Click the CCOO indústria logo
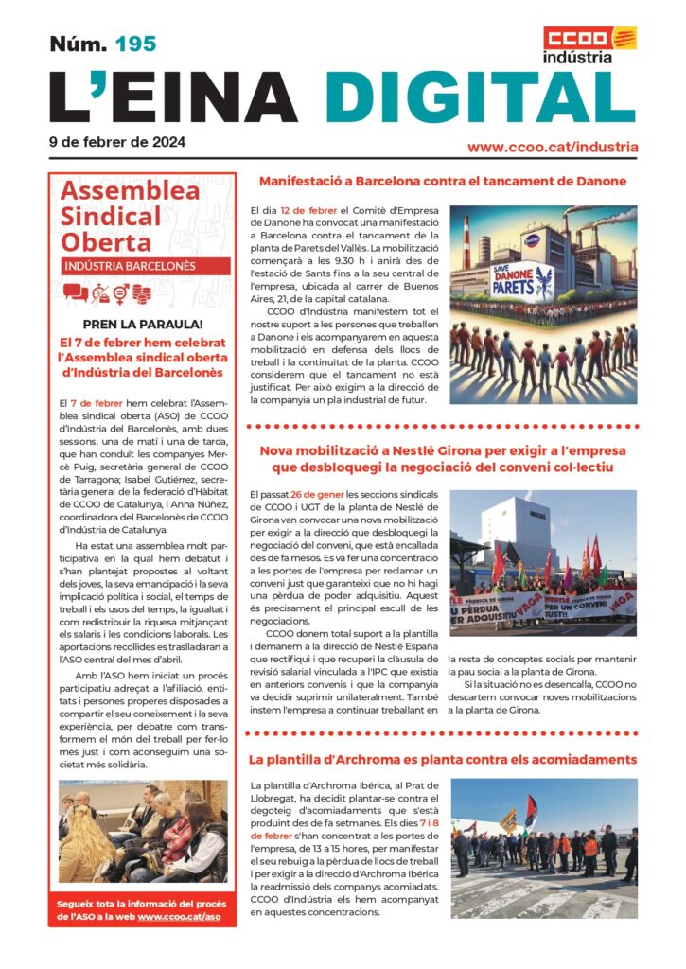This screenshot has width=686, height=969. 589,44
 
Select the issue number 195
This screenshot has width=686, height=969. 135,44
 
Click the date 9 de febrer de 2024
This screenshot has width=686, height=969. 117,143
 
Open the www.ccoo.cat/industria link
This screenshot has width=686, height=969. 553,148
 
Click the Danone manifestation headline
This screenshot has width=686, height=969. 443,181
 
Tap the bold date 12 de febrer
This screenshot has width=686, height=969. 310,210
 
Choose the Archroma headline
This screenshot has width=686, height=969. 443,760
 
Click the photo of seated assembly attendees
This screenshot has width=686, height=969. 143,830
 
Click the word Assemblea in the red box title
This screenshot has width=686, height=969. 130,190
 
